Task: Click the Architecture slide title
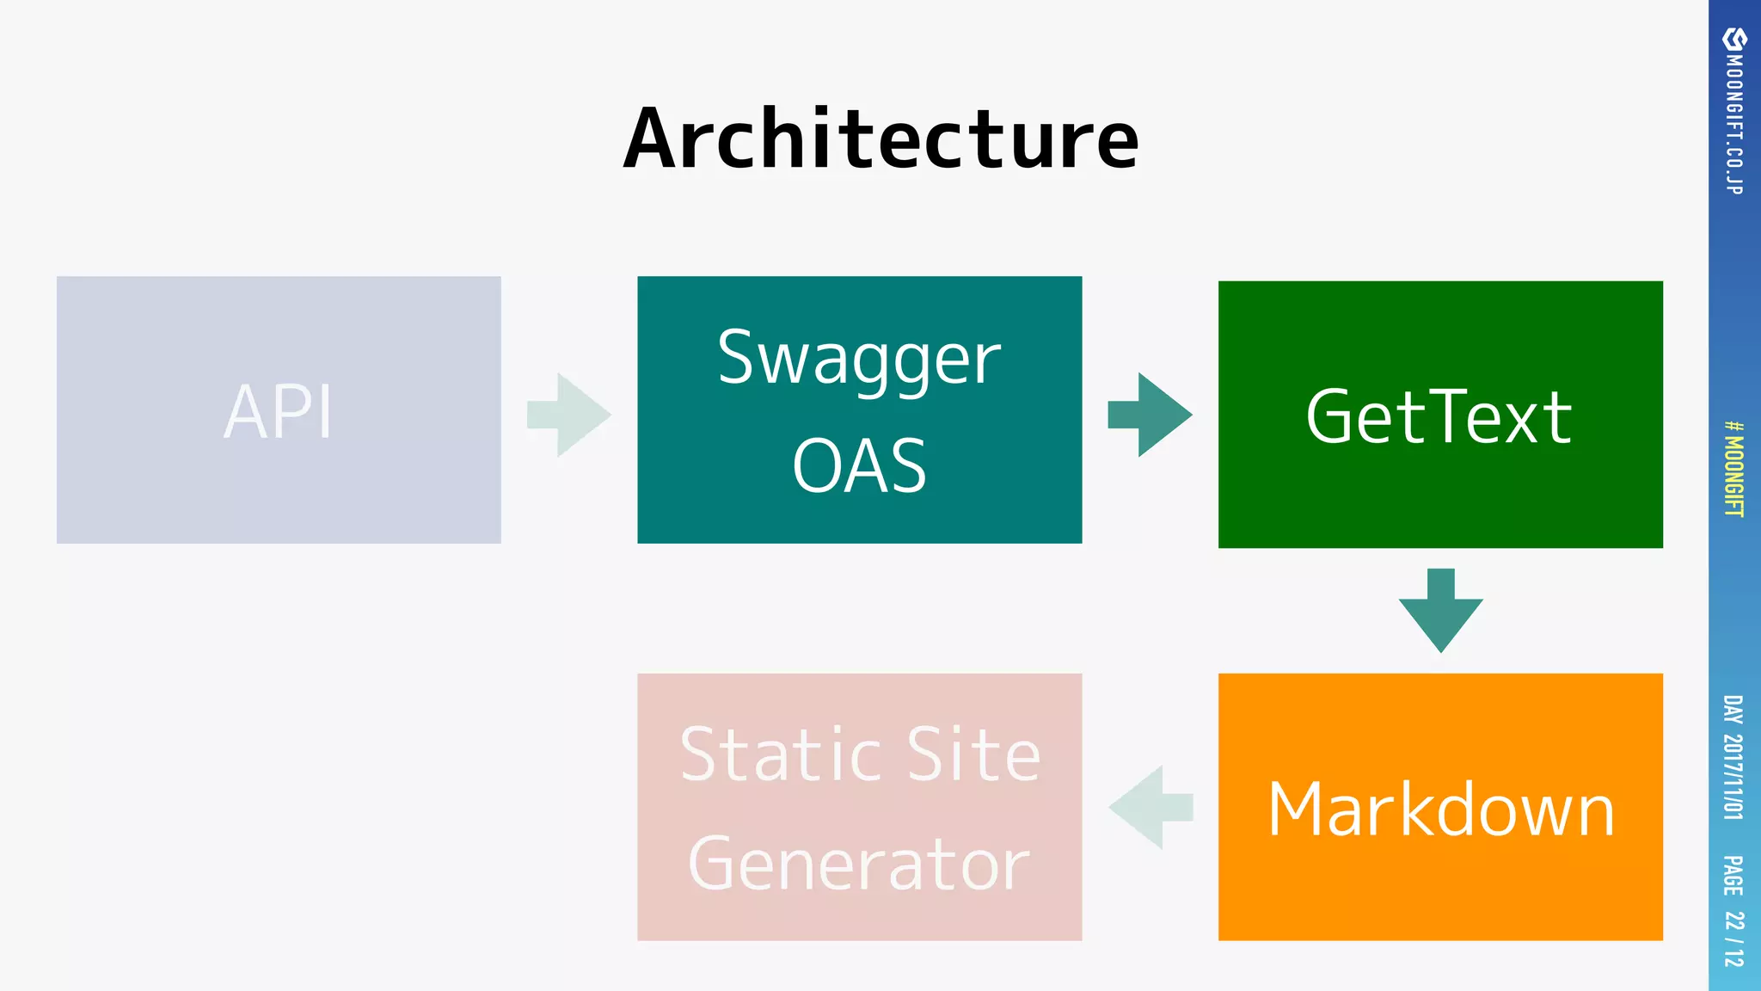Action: pyautogui.click(x=880, y=139)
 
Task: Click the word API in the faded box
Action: pyautogui.click(x=278, y=412)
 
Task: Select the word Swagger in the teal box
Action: pyautogui.click(x=859, y=360)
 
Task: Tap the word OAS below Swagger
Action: pyautogui.click(x=859, y=466)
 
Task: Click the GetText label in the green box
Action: pyautogui.click(x=1439, y=417)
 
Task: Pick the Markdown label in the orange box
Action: pyautogui.click(x=1441, y=809)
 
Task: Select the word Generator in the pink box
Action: pyautogui.click(x=859, y=864)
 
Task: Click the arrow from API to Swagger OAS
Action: pyautogui.click(x=569, y=415)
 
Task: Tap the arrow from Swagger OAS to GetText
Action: pyautogui.click(x=1150, y=415)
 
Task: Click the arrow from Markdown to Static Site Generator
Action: pyautogui.click(x=1150, y=807)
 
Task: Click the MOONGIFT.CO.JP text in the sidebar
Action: pyautogui.click(x=1734, y=125)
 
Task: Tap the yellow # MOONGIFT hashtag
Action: pyautogui.click(x=1734, y=469)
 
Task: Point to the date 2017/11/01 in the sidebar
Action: pyautogui.click(x=1733, y=777)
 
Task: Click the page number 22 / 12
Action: pyautogui.click(x=1734, y=939)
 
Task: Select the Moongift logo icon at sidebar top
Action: pyautogui.click(x=1734, y=40)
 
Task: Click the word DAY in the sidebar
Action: pyautogui.click(x=1733, y=710)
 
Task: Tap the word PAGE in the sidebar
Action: pyautogui.click(x=1733, y=876)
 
